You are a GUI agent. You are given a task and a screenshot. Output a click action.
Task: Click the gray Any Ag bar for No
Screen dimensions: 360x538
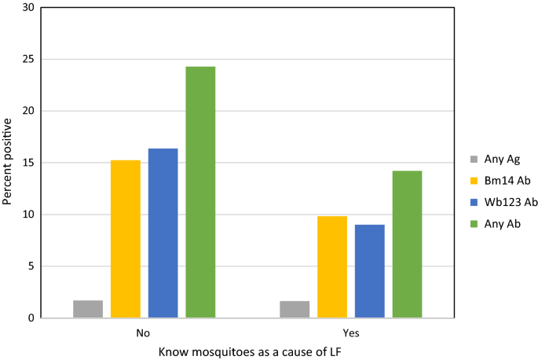(88, 309)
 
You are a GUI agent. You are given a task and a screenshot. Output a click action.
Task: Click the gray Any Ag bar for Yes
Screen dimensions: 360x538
(295, 310)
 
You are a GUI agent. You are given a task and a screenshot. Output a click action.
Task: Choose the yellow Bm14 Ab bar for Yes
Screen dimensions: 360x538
(332, 267)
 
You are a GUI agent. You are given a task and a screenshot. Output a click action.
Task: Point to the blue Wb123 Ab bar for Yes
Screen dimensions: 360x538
(370, 271)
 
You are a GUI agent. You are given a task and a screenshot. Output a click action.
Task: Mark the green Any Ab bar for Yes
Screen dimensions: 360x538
(408, 244)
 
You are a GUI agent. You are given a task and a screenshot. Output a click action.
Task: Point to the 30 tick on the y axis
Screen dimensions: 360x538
(28, 8)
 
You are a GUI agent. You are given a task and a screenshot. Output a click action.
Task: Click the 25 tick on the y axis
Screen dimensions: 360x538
(28, 60)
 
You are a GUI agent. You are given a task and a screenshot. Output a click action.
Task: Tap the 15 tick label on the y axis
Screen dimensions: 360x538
(28, 163)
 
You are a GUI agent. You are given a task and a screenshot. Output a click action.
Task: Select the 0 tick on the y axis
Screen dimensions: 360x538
(31, 318)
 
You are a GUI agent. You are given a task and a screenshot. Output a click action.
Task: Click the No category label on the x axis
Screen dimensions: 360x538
(144, 332)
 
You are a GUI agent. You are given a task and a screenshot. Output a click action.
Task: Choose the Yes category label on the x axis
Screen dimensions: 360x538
(351, 332)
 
